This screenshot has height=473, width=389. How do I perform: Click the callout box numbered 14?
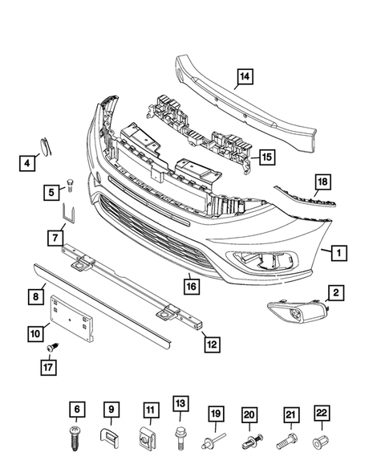pyautogui.click(x=243, y=77)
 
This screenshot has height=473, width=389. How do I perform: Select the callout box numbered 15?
pyautogui.click(x=265, y=157)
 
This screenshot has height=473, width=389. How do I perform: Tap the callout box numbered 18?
pyautogui.click(x=322, y=182)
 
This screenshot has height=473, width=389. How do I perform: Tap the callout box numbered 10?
pyautogui.click(x=37, y=330)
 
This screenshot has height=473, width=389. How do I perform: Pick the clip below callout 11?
pyautogui.click(x=148, y=438)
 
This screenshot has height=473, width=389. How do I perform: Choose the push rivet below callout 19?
pyautogui.click(x=216, y=441)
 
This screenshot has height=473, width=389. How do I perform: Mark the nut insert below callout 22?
pyautogui.click(x=323, y=441)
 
